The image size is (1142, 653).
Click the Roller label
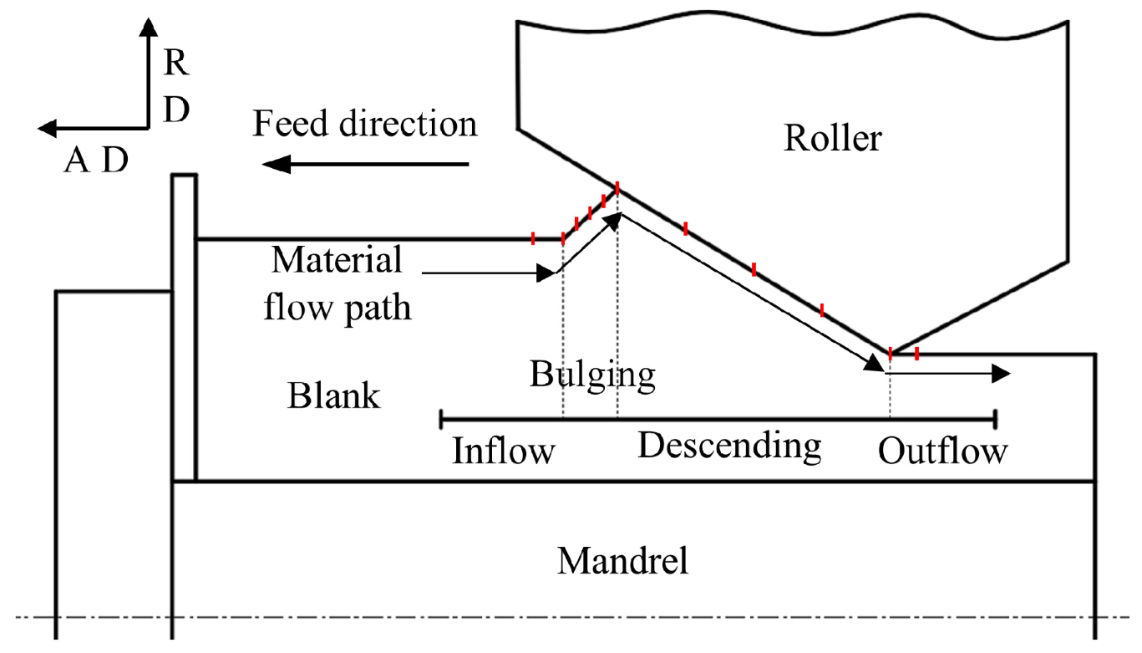tap(833, 138)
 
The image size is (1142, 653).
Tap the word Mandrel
tap(622, 561)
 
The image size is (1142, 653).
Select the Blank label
tap(334, 395)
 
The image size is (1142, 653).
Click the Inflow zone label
tap(503, 451)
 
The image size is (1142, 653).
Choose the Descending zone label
tap(729, 446)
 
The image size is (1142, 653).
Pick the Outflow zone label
tap(942, 451)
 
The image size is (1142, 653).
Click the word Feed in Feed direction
tap(290, 124)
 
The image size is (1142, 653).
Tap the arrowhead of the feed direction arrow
tap(277, 164)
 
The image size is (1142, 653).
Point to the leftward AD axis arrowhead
tap(48, 128)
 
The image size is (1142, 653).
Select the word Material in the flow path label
tap(337, 259)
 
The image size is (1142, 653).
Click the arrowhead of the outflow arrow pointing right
tap(1001, 374)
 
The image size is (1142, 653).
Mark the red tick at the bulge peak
tap(617, 188)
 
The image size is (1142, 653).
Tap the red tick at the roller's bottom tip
tap(891, 354)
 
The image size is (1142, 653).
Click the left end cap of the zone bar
tap(441, 419)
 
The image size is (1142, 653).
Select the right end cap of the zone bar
tap(996, 419)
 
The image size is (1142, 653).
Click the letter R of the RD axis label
tap(176, 63)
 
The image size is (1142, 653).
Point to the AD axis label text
tap(96, 160)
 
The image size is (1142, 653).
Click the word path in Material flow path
tap(378, 308)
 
